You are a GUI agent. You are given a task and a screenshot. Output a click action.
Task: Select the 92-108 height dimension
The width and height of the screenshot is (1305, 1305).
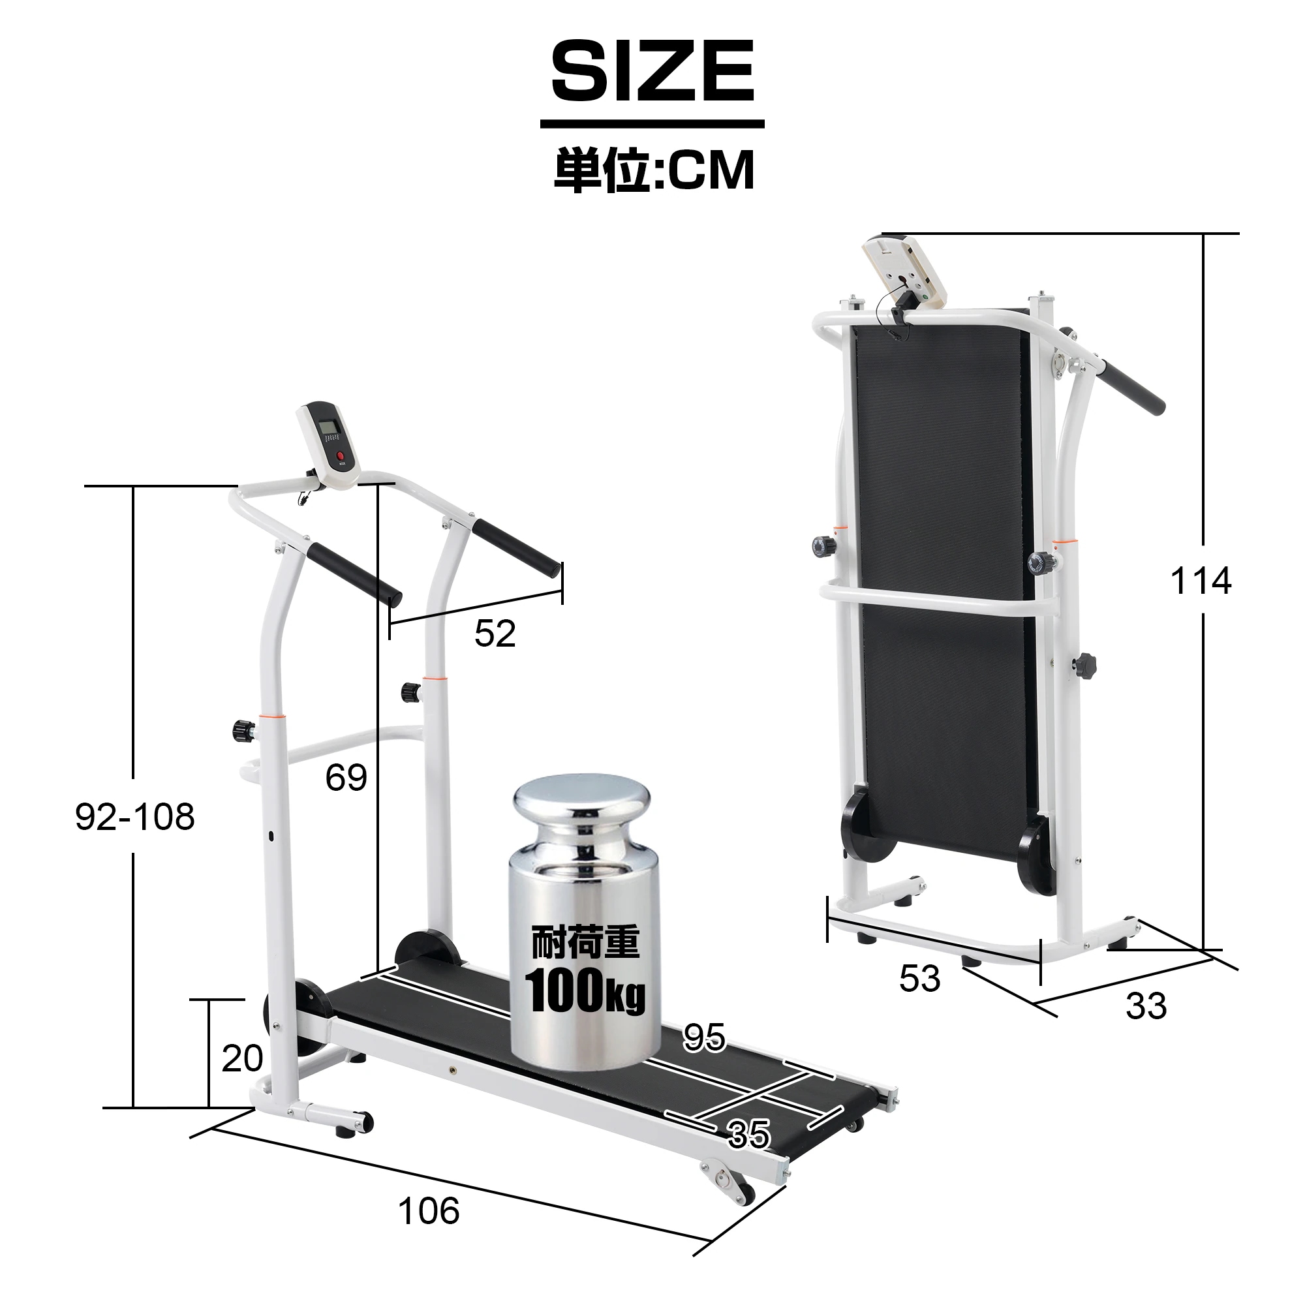point(135,817)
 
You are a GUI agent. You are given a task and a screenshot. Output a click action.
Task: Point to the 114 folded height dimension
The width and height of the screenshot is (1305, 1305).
point(1201,581)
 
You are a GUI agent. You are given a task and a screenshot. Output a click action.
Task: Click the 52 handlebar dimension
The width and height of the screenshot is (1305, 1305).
point(495,634)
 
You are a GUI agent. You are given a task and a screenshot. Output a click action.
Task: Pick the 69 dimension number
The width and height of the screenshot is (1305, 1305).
point(346,778)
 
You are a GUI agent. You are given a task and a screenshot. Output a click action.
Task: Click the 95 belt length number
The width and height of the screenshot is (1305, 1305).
point(704,1037)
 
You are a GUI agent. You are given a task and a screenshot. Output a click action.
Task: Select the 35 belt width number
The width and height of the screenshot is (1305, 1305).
point(748,1134)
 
